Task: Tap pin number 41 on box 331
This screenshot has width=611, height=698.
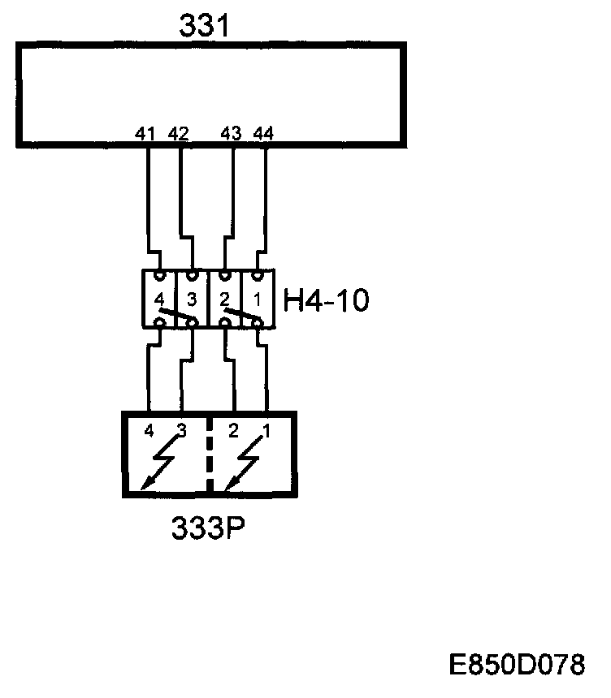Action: [146, 134]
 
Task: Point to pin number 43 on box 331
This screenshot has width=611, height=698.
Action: [232, 134]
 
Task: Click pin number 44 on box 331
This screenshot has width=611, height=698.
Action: [262, 134]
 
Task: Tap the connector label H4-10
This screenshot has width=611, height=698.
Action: [326, 301]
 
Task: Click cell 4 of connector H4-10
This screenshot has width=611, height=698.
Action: [159, 299]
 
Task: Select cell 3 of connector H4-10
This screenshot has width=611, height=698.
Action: [193, 299]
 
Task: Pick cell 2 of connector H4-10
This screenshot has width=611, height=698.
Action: [225, 299]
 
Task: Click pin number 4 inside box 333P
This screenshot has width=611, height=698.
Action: [148, 431]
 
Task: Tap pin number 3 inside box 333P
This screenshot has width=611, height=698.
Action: [180, 431]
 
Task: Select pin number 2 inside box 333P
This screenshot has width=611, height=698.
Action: [233, 431]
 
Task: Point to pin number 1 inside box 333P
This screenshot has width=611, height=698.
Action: [265, 431]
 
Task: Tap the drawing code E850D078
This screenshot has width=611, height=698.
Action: [517, 666]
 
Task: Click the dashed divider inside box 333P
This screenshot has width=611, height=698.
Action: [209, 455]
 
